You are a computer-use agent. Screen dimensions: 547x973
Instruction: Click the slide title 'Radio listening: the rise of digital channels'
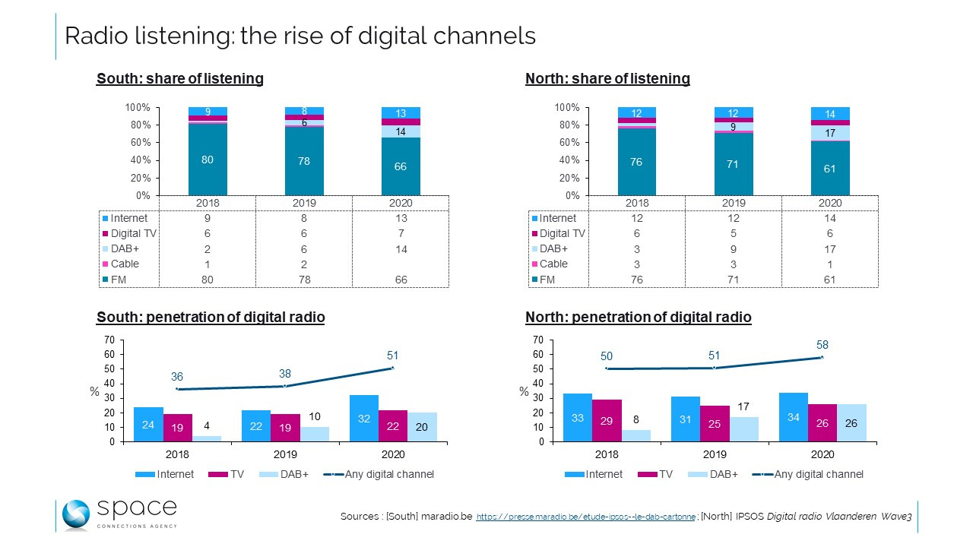pyautogui.click(x=300, y=36)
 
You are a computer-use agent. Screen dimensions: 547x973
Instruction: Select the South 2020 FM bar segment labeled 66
pyautogui.click(x=401, y=166)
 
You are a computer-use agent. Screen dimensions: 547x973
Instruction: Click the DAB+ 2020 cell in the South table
pyautogui.click(x=401, y=248)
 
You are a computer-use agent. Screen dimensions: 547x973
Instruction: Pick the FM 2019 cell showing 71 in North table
pyautogui.click(x=733, y=280)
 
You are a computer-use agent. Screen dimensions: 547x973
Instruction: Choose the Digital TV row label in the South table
pyautogui.click(x=134, y=233)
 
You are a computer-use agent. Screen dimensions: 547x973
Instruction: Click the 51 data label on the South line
pyautogui.click(x=393, y=356)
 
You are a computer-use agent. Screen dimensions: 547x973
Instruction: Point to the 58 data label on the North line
pyautogui.click(x=822, y=345)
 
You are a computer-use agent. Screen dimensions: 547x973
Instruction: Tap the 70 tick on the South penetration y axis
pyautogui.click(x=109, y=340)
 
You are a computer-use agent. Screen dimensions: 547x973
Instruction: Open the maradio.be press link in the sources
pyautogui.click(x=585, y=517)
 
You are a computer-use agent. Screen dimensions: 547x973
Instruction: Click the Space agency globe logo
pyautogui.click(x=76, y=515)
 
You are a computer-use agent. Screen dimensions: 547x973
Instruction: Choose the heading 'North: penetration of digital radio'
pyautogui.click(x=638, y=318)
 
